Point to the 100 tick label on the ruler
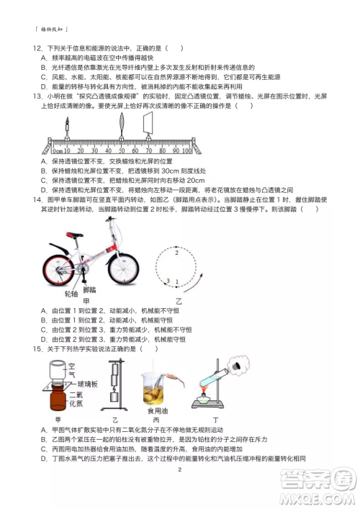click(x=186, y=151)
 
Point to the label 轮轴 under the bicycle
click(x=71, y=294)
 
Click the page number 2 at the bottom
click(x=179, y=469)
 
